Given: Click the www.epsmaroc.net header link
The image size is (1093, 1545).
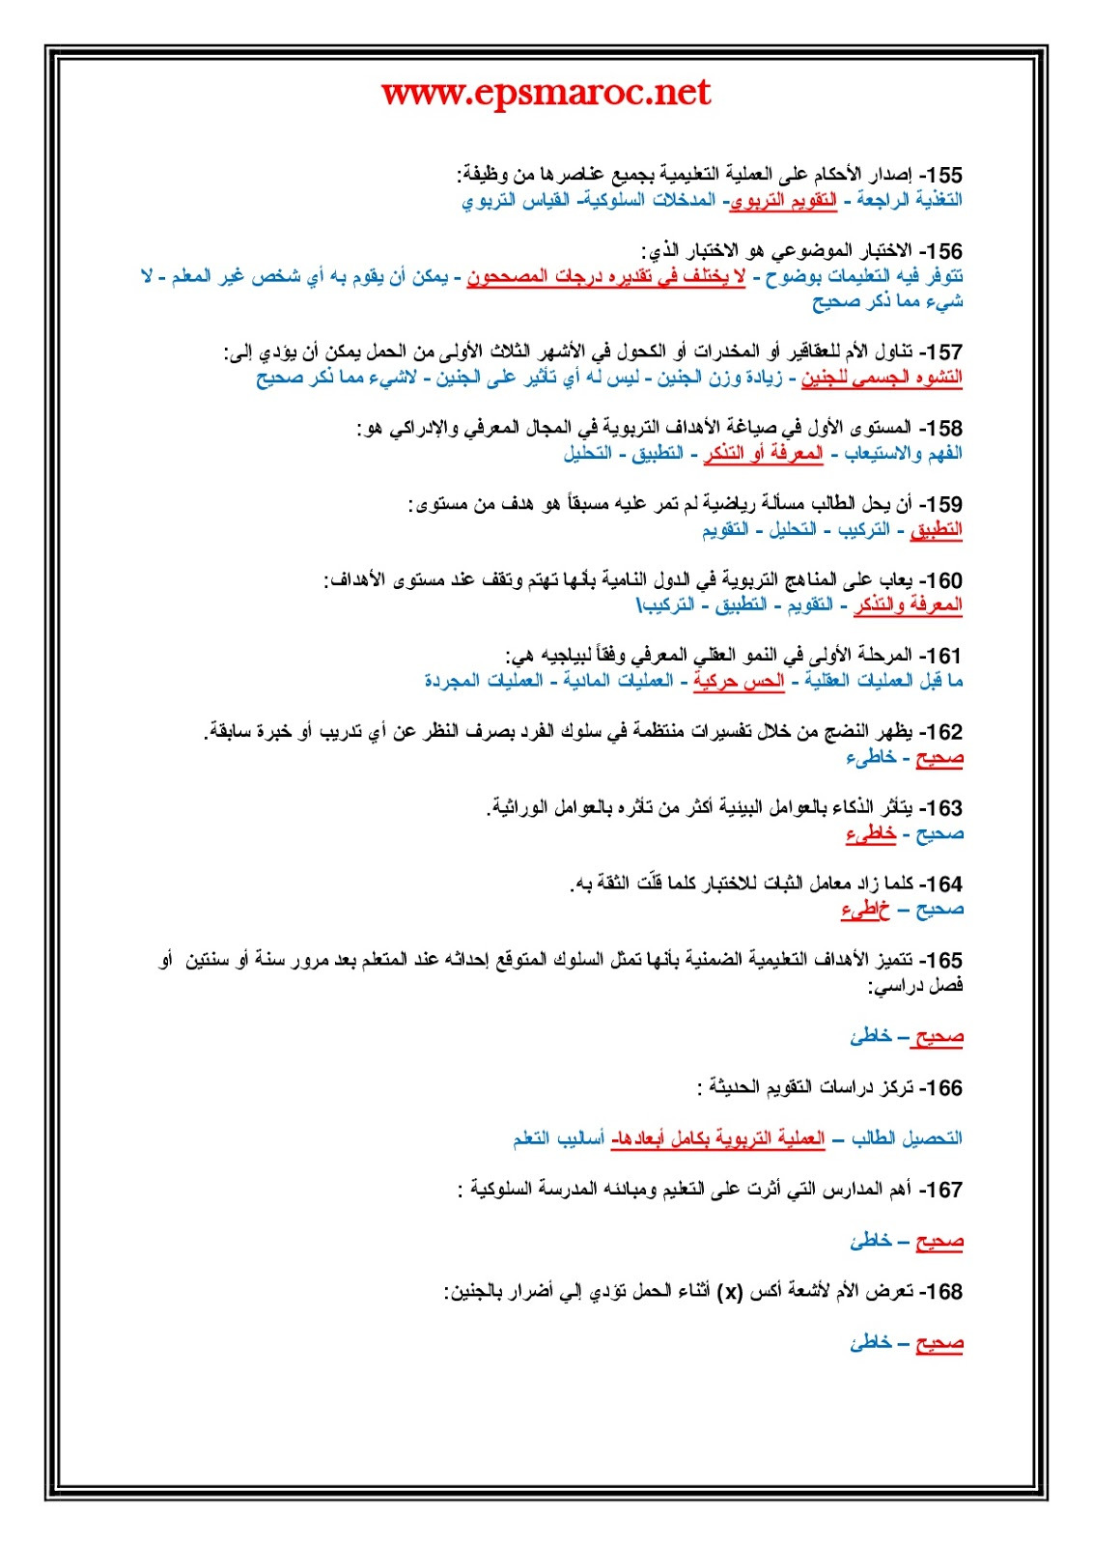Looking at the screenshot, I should (x=546, y=93).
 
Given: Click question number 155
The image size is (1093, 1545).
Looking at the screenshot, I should (x=941, y=176).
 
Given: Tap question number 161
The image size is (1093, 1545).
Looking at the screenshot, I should (x=941, y=657).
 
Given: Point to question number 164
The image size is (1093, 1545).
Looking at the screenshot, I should (x=941, y=885).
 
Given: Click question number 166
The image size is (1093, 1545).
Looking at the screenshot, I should (x=941, y=1088).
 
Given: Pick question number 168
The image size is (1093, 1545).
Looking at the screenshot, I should (x=941, y=1292).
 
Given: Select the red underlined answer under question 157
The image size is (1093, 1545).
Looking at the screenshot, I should (x=882, y=378).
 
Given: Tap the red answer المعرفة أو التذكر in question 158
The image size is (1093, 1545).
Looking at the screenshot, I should (x=764, y=454).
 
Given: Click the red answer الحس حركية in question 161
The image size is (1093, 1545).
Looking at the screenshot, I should (x=739, y=682).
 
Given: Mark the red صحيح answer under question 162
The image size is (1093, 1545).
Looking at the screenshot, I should (x=939, y=758).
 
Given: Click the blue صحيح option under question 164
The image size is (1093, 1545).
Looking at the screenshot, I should (x=939, y=910).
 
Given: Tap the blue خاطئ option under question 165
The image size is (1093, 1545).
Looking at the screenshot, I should (x=871, y=1037).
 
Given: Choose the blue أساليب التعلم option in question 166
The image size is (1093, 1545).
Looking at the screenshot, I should (x=559, y=1139).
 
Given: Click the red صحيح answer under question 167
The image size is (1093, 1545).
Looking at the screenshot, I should (x=939, y=1241).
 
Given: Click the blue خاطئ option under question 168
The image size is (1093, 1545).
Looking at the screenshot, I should (x=871, y=1343).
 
